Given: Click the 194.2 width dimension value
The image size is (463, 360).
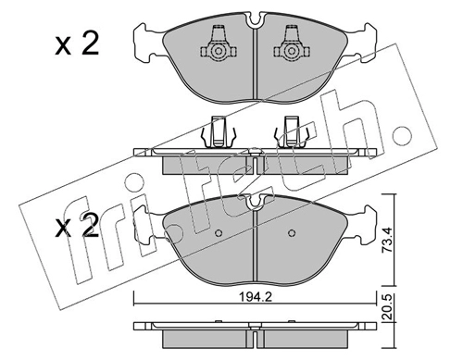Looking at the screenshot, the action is click(255, 297).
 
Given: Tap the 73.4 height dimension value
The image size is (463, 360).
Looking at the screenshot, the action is click(387, 240).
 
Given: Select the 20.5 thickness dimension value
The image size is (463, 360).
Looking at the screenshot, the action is click(387, 307).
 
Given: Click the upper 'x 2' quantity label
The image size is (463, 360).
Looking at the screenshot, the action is click(77, 45).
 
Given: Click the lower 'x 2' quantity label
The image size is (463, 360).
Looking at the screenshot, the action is click(77, 227).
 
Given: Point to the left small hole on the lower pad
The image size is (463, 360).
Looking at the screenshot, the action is click(219, 233).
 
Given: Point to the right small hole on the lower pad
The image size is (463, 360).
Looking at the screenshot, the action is click(292, 233).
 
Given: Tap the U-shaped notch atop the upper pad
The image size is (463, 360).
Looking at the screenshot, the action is click(255, 20).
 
